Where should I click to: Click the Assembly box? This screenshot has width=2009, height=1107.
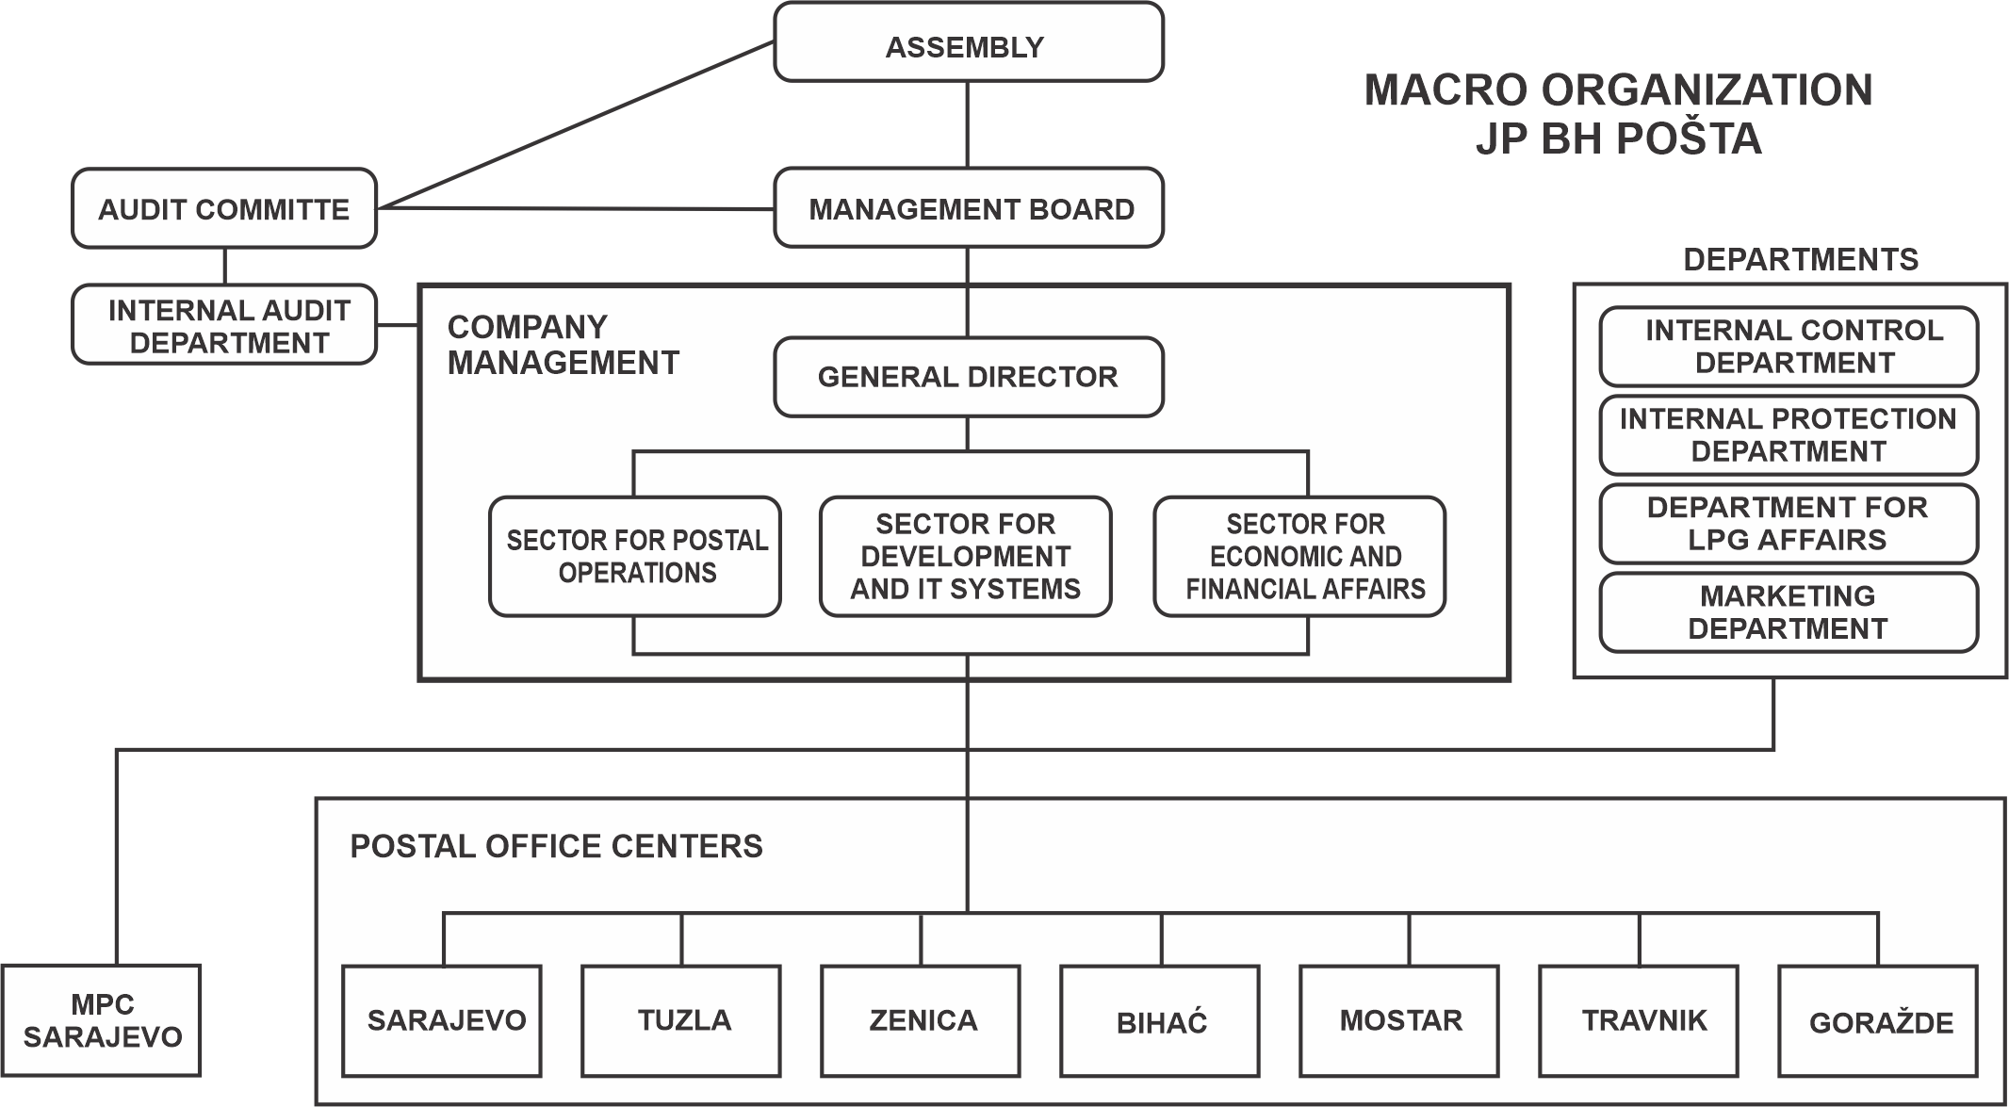click(x=969, y=42)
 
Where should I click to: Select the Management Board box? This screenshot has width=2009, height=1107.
click(x=969, y=208)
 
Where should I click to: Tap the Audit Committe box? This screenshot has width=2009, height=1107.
click(x=224, y=208)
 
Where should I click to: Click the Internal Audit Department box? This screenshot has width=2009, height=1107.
click(x=224, y=325)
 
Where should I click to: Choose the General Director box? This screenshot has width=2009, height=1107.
click(x=969, y=377)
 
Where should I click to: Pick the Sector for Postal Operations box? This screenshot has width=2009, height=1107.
click(x=635, y=557)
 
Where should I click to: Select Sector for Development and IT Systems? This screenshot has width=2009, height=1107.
click(x=966, y=557)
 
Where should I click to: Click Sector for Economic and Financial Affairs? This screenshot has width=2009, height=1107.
click(x=1300, y=557)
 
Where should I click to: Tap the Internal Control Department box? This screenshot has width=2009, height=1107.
click(x=1788, y=347)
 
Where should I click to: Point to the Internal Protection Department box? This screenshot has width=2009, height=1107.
click(x=1788, y=435)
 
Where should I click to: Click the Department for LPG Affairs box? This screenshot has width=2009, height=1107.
click(x=1788, y=524)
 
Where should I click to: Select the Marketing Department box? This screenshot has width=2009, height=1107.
click(x=1788, y=612)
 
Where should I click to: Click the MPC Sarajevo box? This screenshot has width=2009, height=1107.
click(x=102, y=1020)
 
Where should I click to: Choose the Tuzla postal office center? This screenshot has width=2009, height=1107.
click(x=681, y=1020)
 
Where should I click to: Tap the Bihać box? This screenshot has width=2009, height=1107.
click(x=1160, y=1020)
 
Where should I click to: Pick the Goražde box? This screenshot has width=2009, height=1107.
click(x=1878, y=1020)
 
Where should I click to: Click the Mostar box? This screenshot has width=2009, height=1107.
click(x=1399, y=1020)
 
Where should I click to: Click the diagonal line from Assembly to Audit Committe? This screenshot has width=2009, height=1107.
click(x=575, y=125)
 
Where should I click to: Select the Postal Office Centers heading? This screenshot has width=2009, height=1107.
click(x=556, y=846)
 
